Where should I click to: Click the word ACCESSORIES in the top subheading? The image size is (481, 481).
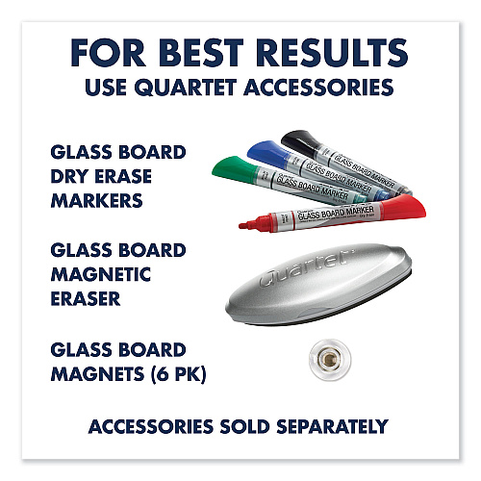(328, 87)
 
